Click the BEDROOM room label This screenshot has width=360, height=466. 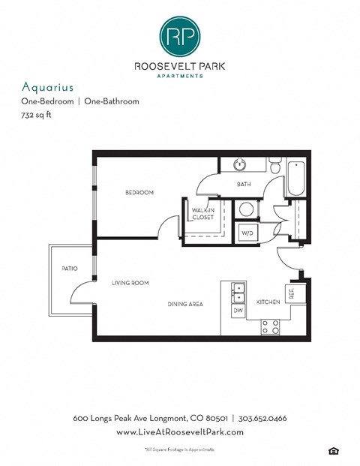[x=139, y=193]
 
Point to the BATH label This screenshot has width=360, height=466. [x=243, y=185]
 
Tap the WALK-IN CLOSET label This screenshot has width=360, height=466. [x=202, y=214]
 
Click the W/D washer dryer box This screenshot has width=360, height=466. [x=246, y=233]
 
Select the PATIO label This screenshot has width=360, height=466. [x=70, y=268]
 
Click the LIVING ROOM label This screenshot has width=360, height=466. [x=130, y=283]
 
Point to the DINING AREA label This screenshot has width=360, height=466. [x=185, y=304]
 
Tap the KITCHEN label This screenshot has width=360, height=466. [x=268, y=302]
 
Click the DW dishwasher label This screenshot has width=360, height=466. [x=238, y=309]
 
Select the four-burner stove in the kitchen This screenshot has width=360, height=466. [x=270, y=326]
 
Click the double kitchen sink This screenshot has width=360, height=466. [x=238, y=291]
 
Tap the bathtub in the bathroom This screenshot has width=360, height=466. [x=295, y=176]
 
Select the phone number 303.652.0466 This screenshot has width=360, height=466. [x=262, y=418]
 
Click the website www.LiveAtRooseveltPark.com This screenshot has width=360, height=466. [x=179, y=433]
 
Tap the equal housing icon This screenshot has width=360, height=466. [x=333, y=449]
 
